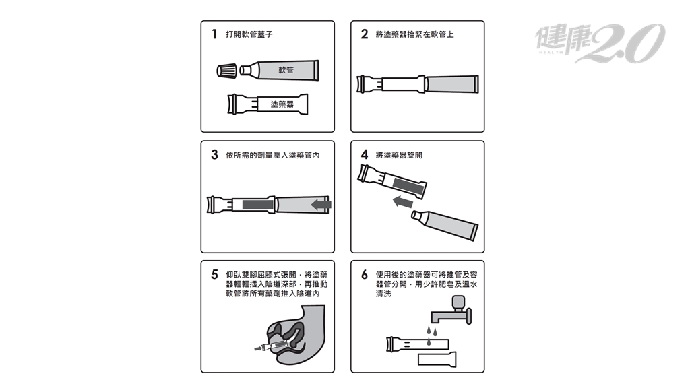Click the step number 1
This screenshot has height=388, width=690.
[214, 34]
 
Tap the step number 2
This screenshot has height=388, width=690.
[365, 34]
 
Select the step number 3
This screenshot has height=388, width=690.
[214, 154]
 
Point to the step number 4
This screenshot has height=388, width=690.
[365, 154]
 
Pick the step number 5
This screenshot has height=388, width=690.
[214, 275]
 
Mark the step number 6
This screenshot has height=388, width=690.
[365, 275]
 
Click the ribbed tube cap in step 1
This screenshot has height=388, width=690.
[227, 70]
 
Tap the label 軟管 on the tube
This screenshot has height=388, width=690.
[286, 70]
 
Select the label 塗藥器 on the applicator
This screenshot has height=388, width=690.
[282, 104]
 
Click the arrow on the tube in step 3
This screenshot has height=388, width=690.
[321, 205]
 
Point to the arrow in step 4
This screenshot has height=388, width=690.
[403, 202]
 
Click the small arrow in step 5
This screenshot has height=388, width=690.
[258, 348]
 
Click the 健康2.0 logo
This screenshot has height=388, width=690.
[600, 42]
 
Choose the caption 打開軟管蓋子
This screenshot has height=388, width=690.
[249, 34]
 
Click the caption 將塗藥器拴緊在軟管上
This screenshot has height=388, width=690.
[414, 34]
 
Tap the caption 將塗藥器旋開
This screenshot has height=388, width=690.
[399, 155]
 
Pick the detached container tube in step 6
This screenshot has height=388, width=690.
[437, 359]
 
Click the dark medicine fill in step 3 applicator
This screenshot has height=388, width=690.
[258, 205]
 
